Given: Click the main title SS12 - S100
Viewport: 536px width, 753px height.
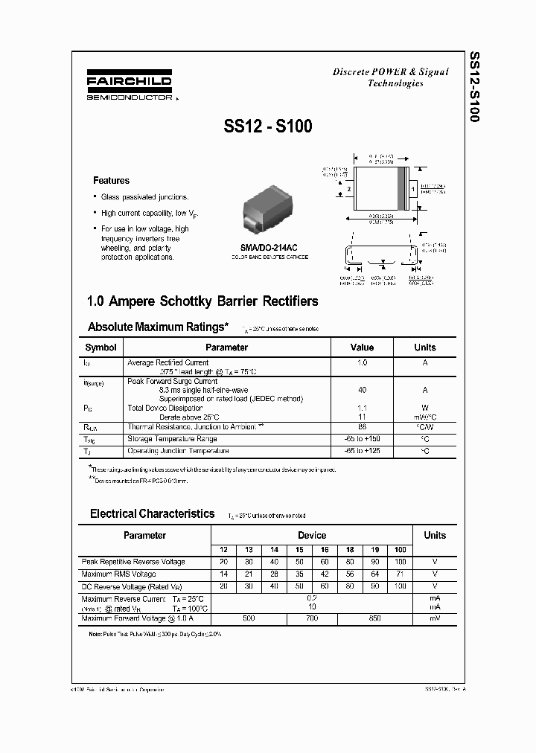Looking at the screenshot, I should pos(268,127).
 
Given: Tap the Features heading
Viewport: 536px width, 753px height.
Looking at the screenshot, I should pos(111,181).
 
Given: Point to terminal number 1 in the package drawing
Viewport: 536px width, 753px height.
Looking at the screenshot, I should pos(412,190).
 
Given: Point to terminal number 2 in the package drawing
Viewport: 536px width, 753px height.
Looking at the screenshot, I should pos(348,190).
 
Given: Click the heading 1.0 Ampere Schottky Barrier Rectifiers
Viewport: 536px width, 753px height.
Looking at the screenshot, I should pos(202,301).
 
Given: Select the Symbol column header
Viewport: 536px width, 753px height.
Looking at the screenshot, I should pos(100,347).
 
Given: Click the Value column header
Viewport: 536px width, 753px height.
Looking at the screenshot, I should pos(362,347).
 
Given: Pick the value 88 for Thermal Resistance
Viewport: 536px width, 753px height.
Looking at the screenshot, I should pos(362,427).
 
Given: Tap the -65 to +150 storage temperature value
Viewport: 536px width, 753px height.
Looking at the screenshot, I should pos(362,439).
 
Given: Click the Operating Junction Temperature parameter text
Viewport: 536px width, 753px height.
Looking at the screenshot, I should pos(178,451).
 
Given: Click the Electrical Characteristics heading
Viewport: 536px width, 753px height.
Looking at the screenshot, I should pos(152,513).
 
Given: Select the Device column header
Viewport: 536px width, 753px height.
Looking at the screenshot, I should pos(311,535).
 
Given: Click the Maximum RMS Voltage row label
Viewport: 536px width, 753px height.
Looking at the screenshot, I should pos(118,574).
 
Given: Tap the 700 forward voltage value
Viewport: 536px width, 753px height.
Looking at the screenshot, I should pos(311,618).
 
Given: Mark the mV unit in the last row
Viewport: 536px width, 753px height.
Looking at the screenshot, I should pos(435,618).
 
